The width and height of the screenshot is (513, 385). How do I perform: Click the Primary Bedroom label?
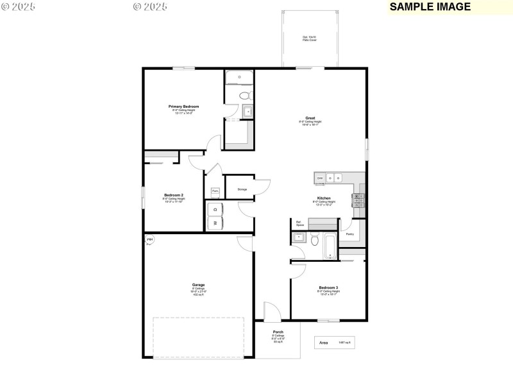(183, 107)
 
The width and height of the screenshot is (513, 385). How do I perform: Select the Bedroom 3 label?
(328, 287)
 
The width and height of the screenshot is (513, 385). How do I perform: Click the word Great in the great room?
(310, 118)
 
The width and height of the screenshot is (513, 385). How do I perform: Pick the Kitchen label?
(323, 198)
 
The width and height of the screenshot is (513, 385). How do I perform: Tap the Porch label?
(278, 332)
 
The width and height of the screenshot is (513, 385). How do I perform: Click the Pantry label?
(349, 234)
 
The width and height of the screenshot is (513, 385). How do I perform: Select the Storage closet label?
(242, 189)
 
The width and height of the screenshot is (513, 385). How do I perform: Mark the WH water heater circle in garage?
(150, 240)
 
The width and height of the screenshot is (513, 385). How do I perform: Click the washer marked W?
(215, 223)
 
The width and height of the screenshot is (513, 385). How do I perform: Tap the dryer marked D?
(215, 209)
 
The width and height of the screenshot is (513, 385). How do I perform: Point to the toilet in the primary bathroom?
(244, 96)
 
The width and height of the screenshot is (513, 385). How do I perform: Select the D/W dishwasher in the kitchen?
(320, 178)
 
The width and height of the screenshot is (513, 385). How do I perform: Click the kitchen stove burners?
(358, 200)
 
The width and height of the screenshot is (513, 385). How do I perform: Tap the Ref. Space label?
(299, 224)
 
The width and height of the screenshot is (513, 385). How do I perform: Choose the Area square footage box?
(334, 343)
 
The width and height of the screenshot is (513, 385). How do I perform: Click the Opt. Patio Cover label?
(309, 38)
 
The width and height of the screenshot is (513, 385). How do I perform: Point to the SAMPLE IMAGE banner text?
(430, 7)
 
